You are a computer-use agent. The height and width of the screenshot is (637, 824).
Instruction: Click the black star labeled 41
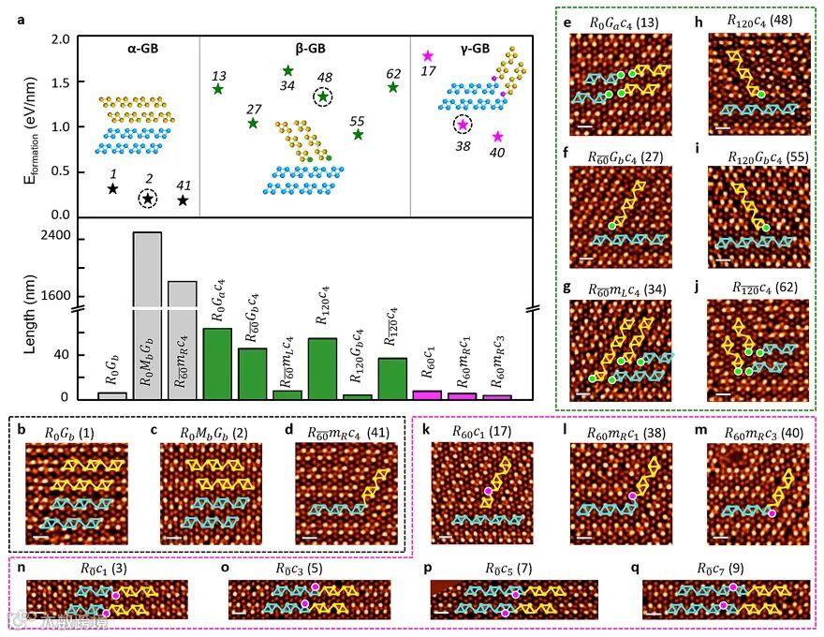(x=183, y=200)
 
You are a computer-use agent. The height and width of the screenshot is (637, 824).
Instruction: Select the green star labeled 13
(x=218, y=89)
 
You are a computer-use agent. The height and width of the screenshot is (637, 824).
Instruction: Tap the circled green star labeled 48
(x=323, y=96)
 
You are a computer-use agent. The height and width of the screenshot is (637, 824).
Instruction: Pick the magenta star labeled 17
(x=428, y=57)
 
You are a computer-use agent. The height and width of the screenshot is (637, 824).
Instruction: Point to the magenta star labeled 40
(x=497, y=137)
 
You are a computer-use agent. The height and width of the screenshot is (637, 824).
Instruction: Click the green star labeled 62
(x=393, y=87)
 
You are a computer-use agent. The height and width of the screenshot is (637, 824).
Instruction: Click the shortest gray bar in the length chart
(x=112, y=395)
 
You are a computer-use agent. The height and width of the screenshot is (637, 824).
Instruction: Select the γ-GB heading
(x=469, y=49)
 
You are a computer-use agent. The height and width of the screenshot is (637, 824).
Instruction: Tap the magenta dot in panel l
(x=632, y=495)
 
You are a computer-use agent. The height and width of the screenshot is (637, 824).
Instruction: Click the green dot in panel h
(x=761, y=95)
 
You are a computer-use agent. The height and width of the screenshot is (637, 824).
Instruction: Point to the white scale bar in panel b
(x=40, y=537)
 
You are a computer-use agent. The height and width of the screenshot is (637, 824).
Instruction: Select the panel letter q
(x=648, y=568)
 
